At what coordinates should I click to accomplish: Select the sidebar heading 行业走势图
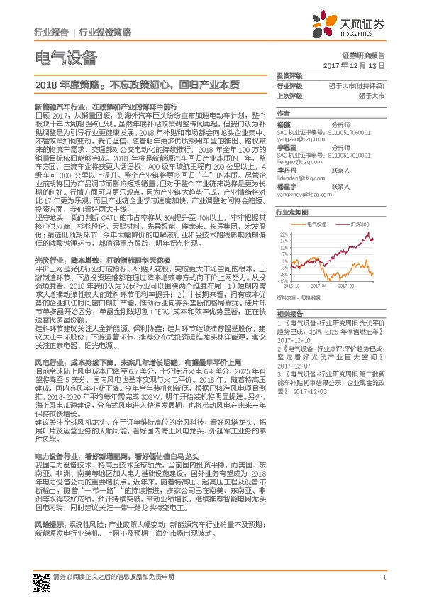pyautogui.click(x=291, y=212)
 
